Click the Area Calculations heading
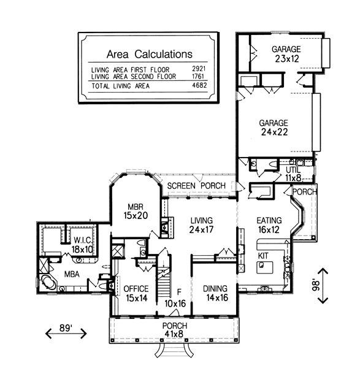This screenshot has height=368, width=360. [150, 54]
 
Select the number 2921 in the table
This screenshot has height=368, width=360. [199, 69]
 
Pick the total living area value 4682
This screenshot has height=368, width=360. [199, 85]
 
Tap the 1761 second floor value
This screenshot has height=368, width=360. [198, 76]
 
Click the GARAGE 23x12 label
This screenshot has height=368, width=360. [286, 54]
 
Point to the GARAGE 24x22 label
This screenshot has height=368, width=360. [274, 128]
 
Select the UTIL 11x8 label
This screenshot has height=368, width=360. [293, 174]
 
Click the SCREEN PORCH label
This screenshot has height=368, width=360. [196, 186]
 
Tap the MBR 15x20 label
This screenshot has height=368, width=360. [136, 211]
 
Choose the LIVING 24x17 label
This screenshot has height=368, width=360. [201, 225]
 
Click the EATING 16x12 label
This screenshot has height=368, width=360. [269, 225]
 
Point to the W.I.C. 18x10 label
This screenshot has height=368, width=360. [82, 245]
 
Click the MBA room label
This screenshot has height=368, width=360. [72, 274]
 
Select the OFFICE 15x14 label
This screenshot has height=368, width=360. [136, 293]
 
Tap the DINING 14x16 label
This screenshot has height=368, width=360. [215, 293]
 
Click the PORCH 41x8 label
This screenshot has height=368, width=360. [175, 330]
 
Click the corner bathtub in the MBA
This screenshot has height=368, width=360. [48, 282]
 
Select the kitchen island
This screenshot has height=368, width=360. [265, 267]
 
